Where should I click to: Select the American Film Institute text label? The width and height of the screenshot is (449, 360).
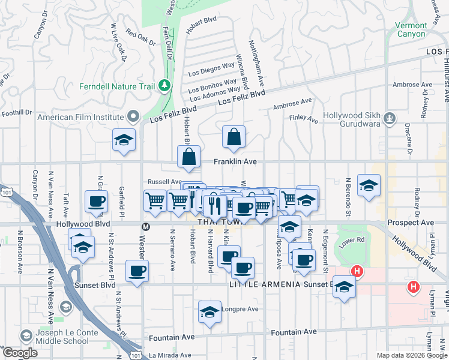(80, 117)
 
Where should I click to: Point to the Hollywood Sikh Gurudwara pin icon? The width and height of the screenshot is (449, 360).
(391, 117)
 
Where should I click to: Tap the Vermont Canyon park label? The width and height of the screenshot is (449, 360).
(411, 29)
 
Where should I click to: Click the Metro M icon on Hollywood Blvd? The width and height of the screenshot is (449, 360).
(145, 227)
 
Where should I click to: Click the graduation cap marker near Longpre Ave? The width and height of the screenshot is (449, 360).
(209, 313)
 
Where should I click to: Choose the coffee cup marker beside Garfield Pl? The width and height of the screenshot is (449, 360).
(96, 202)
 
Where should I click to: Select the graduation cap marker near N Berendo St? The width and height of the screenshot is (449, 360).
(369, 185)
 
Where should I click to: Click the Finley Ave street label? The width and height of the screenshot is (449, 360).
(304, 119)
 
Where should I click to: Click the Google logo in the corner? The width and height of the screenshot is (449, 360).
(20, 353)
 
